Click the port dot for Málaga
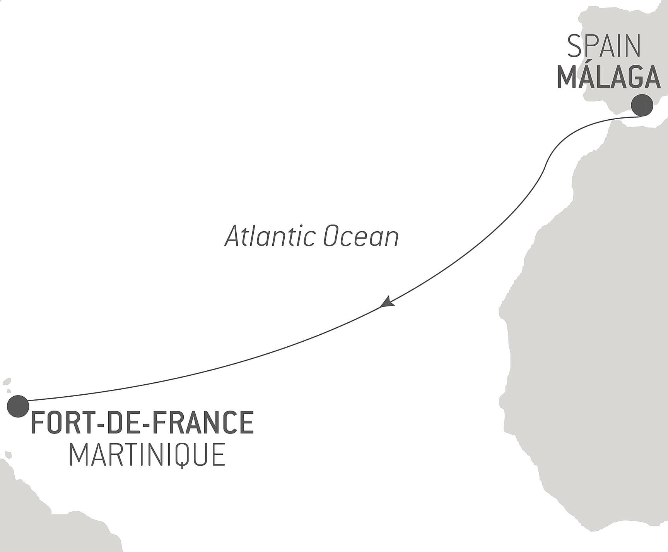pyautogui.click(x=642, y=105)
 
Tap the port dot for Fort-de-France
pyautogui.click(x=18, y=406)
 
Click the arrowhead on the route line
pyautogui.click(x=387, y=302)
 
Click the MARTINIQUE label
pyautogui.click(x=147, y=455)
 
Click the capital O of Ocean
pyautogui.click(x=331, y=237)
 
